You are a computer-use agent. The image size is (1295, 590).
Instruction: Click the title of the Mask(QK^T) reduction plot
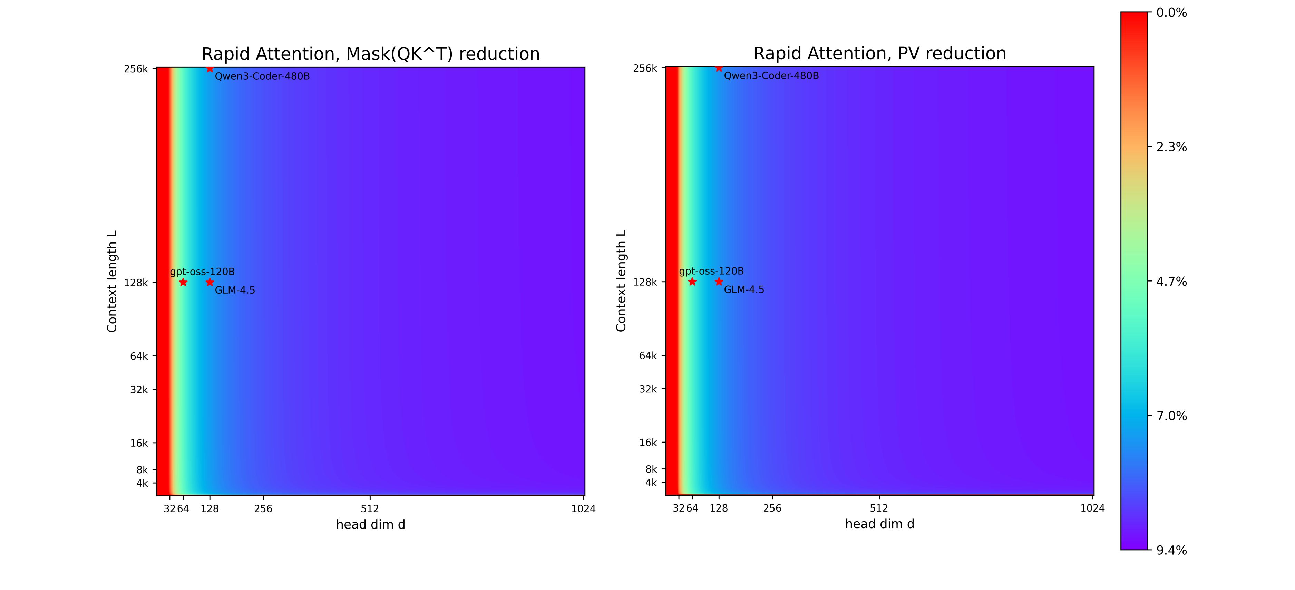(x=370, y=54)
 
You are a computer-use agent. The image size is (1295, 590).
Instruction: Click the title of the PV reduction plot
(x=879, y=53)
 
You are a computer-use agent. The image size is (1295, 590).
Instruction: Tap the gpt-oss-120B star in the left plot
(x=183, y=282)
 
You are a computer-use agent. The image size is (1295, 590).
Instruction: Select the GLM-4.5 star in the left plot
(x=210, y=282)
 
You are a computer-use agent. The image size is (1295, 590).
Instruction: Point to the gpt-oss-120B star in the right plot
(x=692, y=282)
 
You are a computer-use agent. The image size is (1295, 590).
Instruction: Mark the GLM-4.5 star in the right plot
(x=719, y=282)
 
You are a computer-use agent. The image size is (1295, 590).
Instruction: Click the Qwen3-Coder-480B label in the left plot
(x=262, y=76)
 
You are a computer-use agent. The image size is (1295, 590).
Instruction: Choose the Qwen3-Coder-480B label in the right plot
(x=771, y=76)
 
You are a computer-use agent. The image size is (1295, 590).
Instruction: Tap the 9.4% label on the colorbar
(x=1171, y=550)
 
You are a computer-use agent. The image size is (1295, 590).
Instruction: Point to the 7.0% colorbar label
(x=1171, y=416)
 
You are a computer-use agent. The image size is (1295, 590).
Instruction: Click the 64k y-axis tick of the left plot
(x=139, y=356)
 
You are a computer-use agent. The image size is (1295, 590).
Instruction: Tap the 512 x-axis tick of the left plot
(x=370, y=508)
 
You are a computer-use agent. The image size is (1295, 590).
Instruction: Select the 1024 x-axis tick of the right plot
(x=1092, y=508)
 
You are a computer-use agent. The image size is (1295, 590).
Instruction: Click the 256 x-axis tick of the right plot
(x=772, y=508)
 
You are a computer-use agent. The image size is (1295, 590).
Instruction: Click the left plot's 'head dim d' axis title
(x=370, y=525)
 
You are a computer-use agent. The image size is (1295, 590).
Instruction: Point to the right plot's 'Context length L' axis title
(x=621, y=281)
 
